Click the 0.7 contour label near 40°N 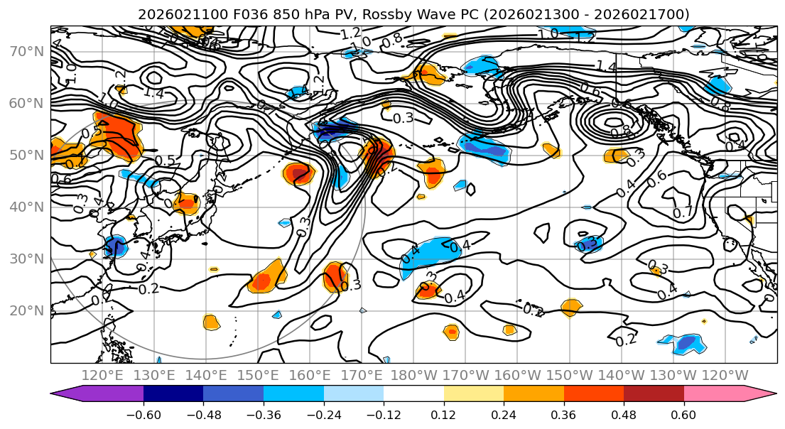pos(683,212)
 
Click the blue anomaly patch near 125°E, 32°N pos(114,246)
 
